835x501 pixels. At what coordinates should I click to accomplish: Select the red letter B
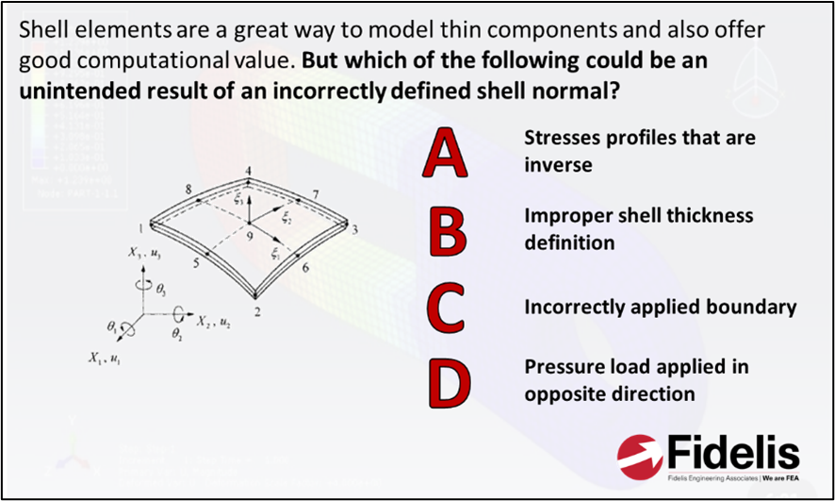coord(446,232)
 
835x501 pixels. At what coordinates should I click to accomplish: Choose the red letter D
coord(447,379)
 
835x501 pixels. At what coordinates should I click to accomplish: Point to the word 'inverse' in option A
coord(558,165)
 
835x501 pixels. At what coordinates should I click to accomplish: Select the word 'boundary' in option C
coord(750,307)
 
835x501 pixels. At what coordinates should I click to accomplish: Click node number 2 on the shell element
coord(256,309)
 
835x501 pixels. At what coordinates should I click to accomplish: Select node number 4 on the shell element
coord(248,171)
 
